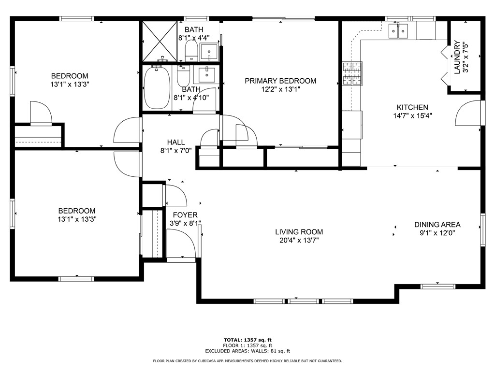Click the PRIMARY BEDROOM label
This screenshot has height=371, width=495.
(280, 81)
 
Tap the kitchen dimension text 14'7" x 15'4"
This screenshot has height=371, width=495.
(412, 116)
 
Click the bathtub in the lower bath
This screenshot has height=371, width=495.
(157, 87)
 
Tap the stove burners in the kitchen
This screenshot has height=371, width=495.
(352, 74)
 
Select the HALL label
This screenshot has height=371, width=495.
(176, 142)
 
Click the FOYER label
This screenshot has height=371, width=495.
(186, 215)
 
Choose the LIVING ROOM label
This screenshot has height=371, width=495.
(299, 232)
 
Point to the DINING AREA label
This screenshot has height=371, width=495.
(437, 225)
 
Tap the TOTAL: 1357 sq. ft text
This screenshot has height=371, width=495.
(247, 340)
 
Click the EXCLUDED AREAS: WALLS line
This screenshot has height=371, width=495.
(247, 351)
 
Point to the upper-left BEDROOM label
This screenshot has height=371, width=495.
(70, 76)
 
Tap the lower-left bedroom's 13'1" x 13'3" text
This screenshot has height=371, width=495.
(77, 219)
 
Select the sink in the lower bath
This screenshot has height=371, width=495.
(207, 75)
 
